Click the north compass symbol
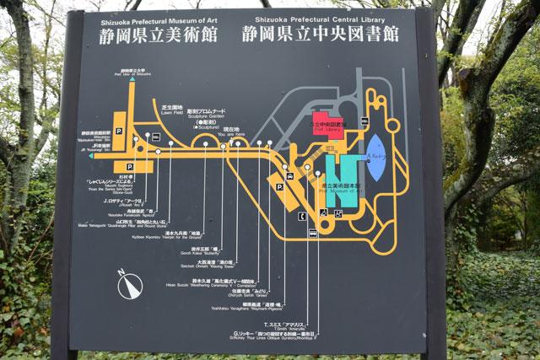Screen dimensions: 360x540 pyautogui.click(x=128, y=287)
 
